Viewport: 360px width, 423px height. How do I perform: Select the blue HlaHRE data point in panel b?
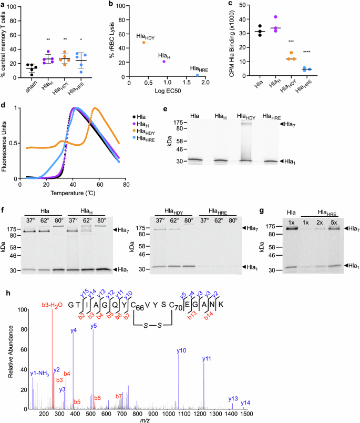(197, 75)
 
